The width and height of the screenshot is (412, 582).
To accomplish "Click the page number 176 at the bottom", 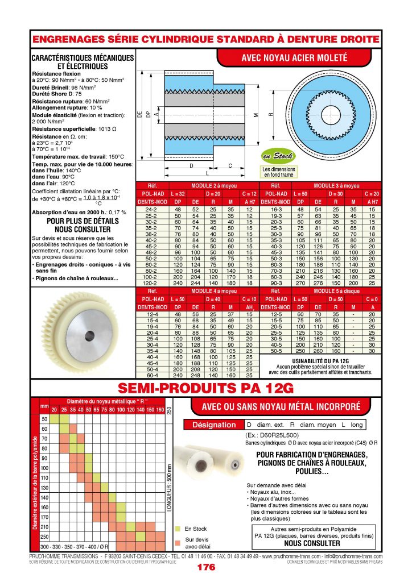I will tap(205, 567).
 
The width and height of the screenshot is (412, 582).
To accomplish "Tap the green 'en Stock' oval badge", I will tap(278, 156).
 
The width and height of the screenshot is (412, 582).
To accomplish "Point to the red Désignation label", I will tap(213, 425).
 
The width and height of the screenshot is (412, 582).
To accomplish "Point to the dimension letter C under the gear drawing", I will tap(229, 166).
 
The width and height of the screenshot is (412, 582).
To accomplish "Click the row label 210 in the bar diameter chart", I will tap(44, 527).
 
